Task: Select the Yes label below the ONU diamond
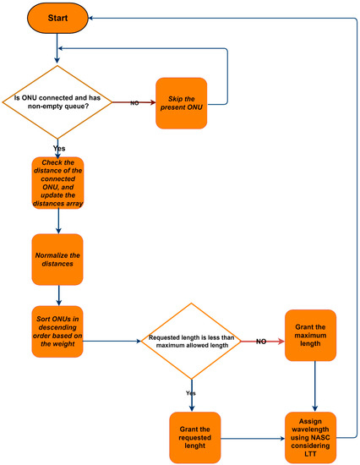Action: tap(58, 149)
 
